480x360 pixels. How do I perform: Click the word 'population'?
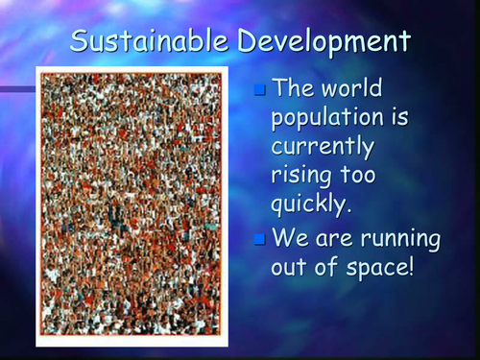coord(331,119)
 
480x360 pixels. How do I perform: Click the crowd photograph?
coord(132,204)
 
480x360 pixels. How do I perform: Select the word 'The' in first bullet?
coord(294,89)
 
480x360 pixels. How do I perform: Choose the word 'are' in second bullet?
coord(336,237)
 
